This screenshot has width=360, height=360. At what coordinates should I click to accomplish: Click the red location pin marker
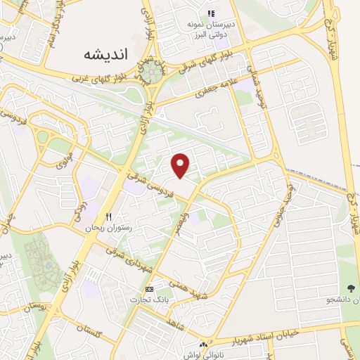181,165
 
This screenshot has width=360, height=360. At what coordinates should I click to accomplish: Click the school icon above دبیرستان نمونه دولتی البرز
211,14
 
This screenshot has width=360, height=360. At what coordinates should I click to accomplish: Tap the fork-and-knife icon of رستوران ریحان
108,216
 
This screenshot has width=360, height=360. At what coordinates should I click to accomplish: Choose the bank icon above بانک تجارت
148,289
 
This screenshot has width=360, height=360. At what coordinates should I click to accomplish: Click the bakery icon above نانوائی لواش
203,345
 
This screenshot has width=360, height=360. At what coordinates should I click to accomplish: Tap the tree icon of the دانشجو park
351,289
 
